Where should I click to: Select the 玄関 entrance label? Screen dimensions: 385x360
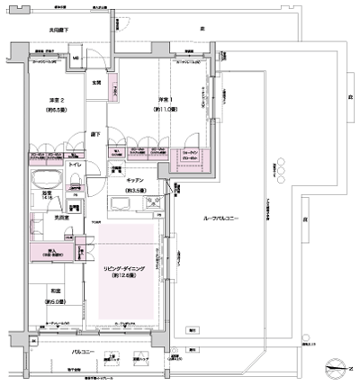click(95, 84)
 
